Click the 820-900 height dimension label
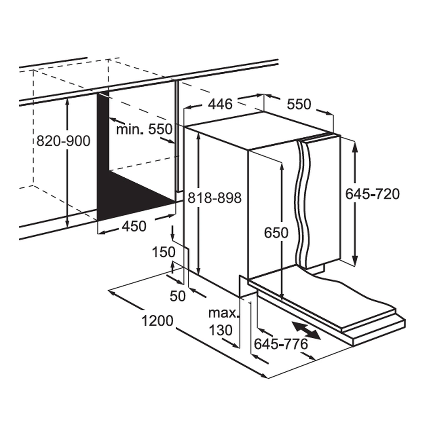click(x=63, y=141)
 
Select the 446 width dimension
click(x=220, y=104)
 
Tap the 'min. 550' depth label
click(x=144, y=129)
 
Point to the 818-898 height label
click(x=214, y=198)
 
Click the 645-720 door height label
click(x=373, y=194)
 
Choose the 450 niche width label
click(x=134, y=227)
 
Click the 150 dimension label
click(x=164, y=252)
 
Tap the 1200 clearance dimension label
click(x=158, y=321)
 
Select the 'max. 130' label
click(x=222, y=322)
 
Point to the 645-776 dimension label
click(x=281, y=344)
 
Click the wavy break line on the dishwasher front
click(x=302, y=201)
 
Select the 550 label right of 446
click(x=299, y=104)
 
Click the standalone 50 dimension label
click(x=178, y=296)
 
